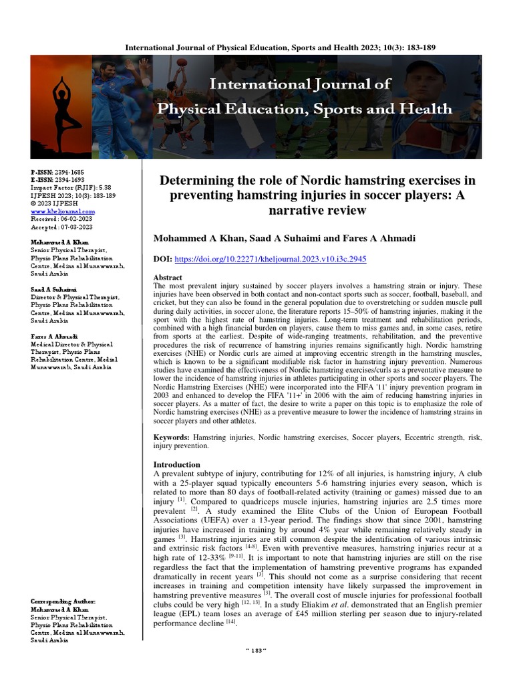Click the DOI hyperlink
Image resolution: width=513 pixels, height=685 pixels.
[x=270, y=258]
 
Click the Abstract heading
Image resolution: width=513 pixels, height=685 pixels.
[x=168, y=277]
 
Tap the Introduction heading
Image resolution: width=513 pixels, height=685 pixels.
[x=177, y=464]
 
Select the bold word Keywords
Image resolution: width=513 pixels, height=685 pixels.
[x=172, y=436]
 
